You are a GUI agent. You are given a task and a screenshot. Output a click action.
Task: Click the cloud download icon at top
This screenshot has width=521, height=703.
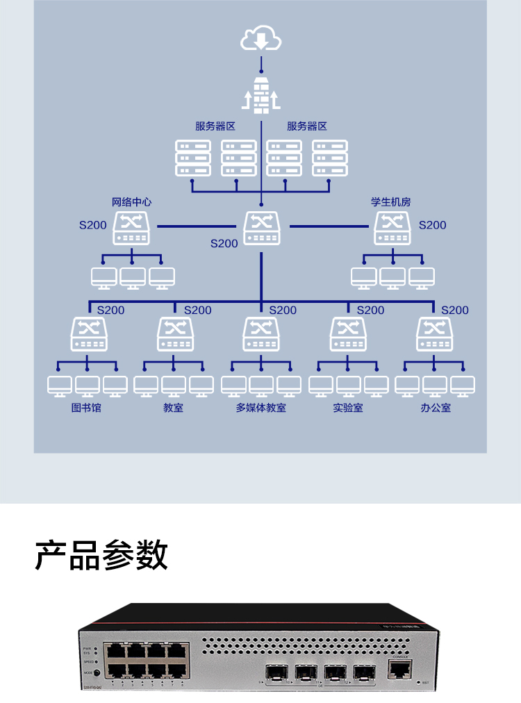(x=261, y=39)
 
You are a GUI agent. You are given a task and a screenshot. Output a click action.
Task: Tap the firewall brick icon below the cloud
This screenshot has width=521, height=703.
(x=261, y=95)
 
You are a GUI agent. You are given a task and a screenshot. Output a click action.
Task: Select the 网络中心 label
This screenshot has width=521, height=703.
(x=132, y=202)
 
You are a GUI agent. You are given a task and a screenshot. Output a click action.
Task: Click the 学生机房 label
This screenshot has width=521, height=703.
(x=391, y=202)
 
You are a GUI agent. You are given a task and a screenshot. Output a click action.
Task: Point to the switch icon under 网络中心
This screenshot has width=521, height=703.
(x=132, y=229)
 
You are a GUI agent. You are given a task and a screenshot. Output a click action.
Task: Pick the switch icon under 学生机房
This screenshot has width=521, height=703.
(x=392, y=229)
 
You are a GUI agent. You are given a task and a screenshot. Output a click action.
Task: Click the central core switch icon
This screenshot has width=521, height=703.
(x=261, y=228)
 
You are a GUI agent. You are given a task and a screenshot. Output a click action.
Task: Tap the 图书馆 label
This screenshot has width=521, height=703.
(x=87, y=408)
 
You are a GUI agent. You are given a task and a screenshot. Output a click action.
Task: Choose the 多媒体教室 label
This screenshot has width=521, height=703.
(x=260, y=408)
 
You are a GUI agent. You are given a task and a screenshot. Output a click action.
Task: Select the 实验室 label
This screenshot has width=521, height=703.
(x=347, y=408)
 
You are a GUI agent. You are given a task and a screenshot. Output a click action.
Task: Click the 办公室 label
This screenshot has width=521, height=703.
(x=435, y=408)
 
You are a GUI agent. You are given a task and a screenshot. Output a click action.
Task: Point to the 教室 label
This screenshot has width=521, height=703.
(x=174, y=408)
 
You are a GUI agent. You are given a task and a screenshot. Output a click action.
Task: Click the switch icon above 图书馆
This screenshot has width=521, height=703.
(x=89, y=334)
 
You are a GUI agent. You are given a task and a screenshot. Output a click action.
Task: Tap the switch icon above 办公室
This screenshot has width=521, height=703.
(x=434, y=334)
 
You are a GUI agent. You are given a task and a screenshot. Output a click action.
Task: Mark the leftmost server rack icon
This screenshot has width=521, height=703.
(x=193, y=158)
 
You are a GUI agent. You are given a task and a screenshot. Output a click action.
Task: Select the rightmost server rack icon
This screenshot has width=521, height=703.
(x=329, y=158)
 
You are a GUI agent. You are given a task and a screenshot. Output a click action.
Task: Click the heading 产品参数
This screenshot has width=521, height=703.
(x=101, y=555)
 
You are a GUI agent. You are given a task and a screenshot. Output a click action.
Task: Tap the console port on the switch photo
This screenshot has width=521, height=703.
(x=400, y=668)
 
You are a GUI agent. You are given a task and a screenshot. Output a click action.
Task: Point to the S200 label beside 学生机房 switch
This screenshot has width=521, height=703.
(x=432, y=225)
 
